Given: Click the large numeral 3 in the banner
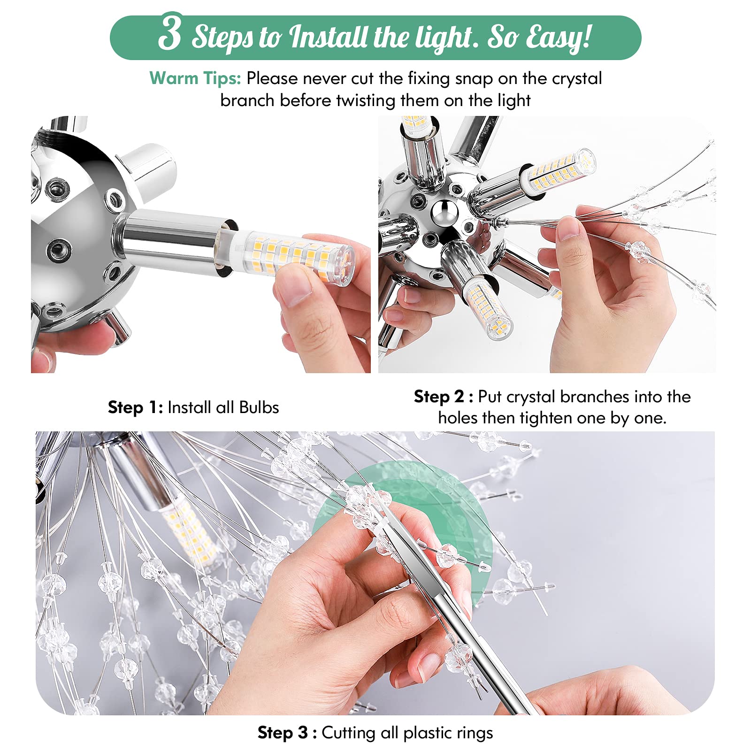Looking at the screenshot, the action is tap(169, 32).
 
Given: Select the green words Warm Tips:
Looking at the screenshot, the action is tap(195, 78).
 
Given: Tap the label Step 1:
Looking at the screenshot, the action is tap(135, 407).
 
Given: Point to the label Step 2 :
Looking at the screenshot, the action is tap(443, 397).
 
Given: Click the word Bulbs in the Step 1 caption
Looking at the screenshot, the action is tap(259, 407).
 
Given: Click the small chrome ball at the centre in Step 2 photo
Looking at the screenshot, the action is tap(444, 212).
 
